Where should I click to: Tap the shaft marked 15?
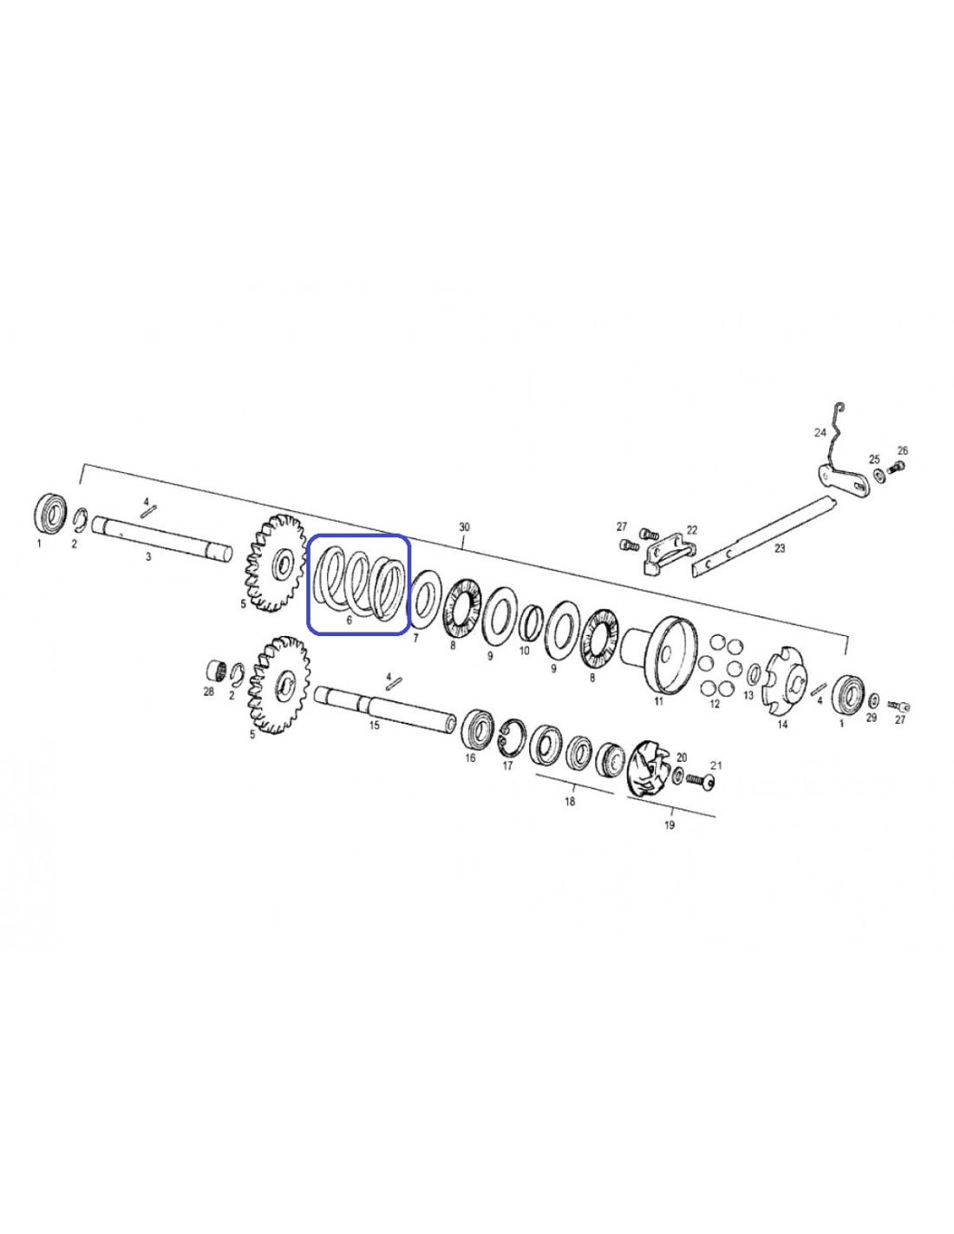click(386, 706)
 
